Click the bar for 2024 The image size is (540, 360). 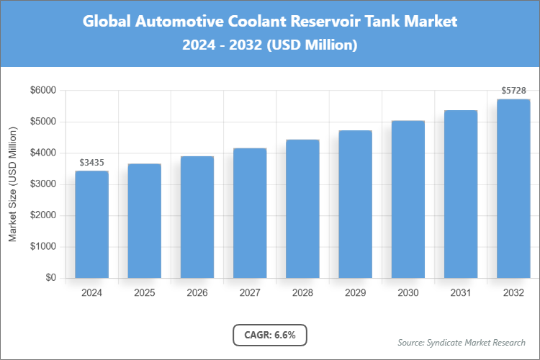91,224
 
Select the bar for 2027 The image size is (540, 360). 250,213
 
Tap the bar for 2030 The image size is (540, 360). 408,199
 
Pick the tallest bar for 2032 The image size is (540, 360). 513,189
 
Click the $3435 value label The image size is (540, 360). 91,163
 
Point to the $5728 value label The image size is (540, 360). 513,91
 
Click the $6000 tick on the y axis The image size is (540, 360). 42,91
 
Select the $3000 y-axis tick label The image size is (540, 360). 42,184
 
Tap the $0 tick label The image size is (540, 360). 50,278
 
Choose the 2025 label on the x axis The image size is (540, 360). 144,293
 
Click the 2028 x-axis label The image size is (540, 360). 302,293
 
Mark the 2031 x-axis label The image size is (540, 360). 461,293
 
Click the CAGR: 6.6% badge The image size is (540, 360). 270,335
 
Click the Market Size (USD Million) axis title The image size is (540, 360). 13,184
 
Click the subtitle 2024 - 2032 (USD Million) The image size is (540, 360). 270,45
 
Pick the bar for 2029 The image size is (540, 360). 355,204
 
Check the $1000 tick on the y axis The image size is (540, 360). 42,247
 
